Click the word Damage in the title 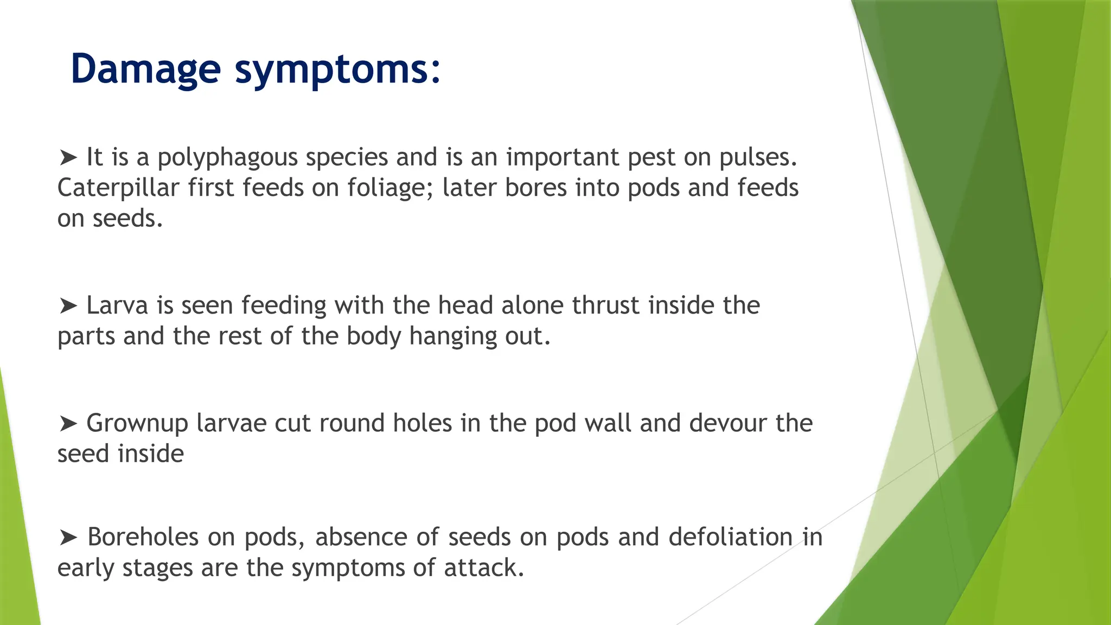point(145,69)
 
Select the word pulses point(758,157)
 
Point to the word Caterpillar point(118,188)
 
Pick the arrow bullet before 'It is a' point(68,158)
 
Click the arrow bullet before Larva point(68,306)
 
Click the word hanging point(453,336)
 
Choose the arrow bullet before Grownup point(68,424)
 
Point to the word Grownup point(137,424)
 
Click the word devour point(727,423)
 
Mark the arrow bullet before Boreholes point(68,538)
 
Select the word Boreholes point(143,537)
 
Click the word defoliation point(731,537)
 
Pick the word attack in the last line point(483,568)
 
